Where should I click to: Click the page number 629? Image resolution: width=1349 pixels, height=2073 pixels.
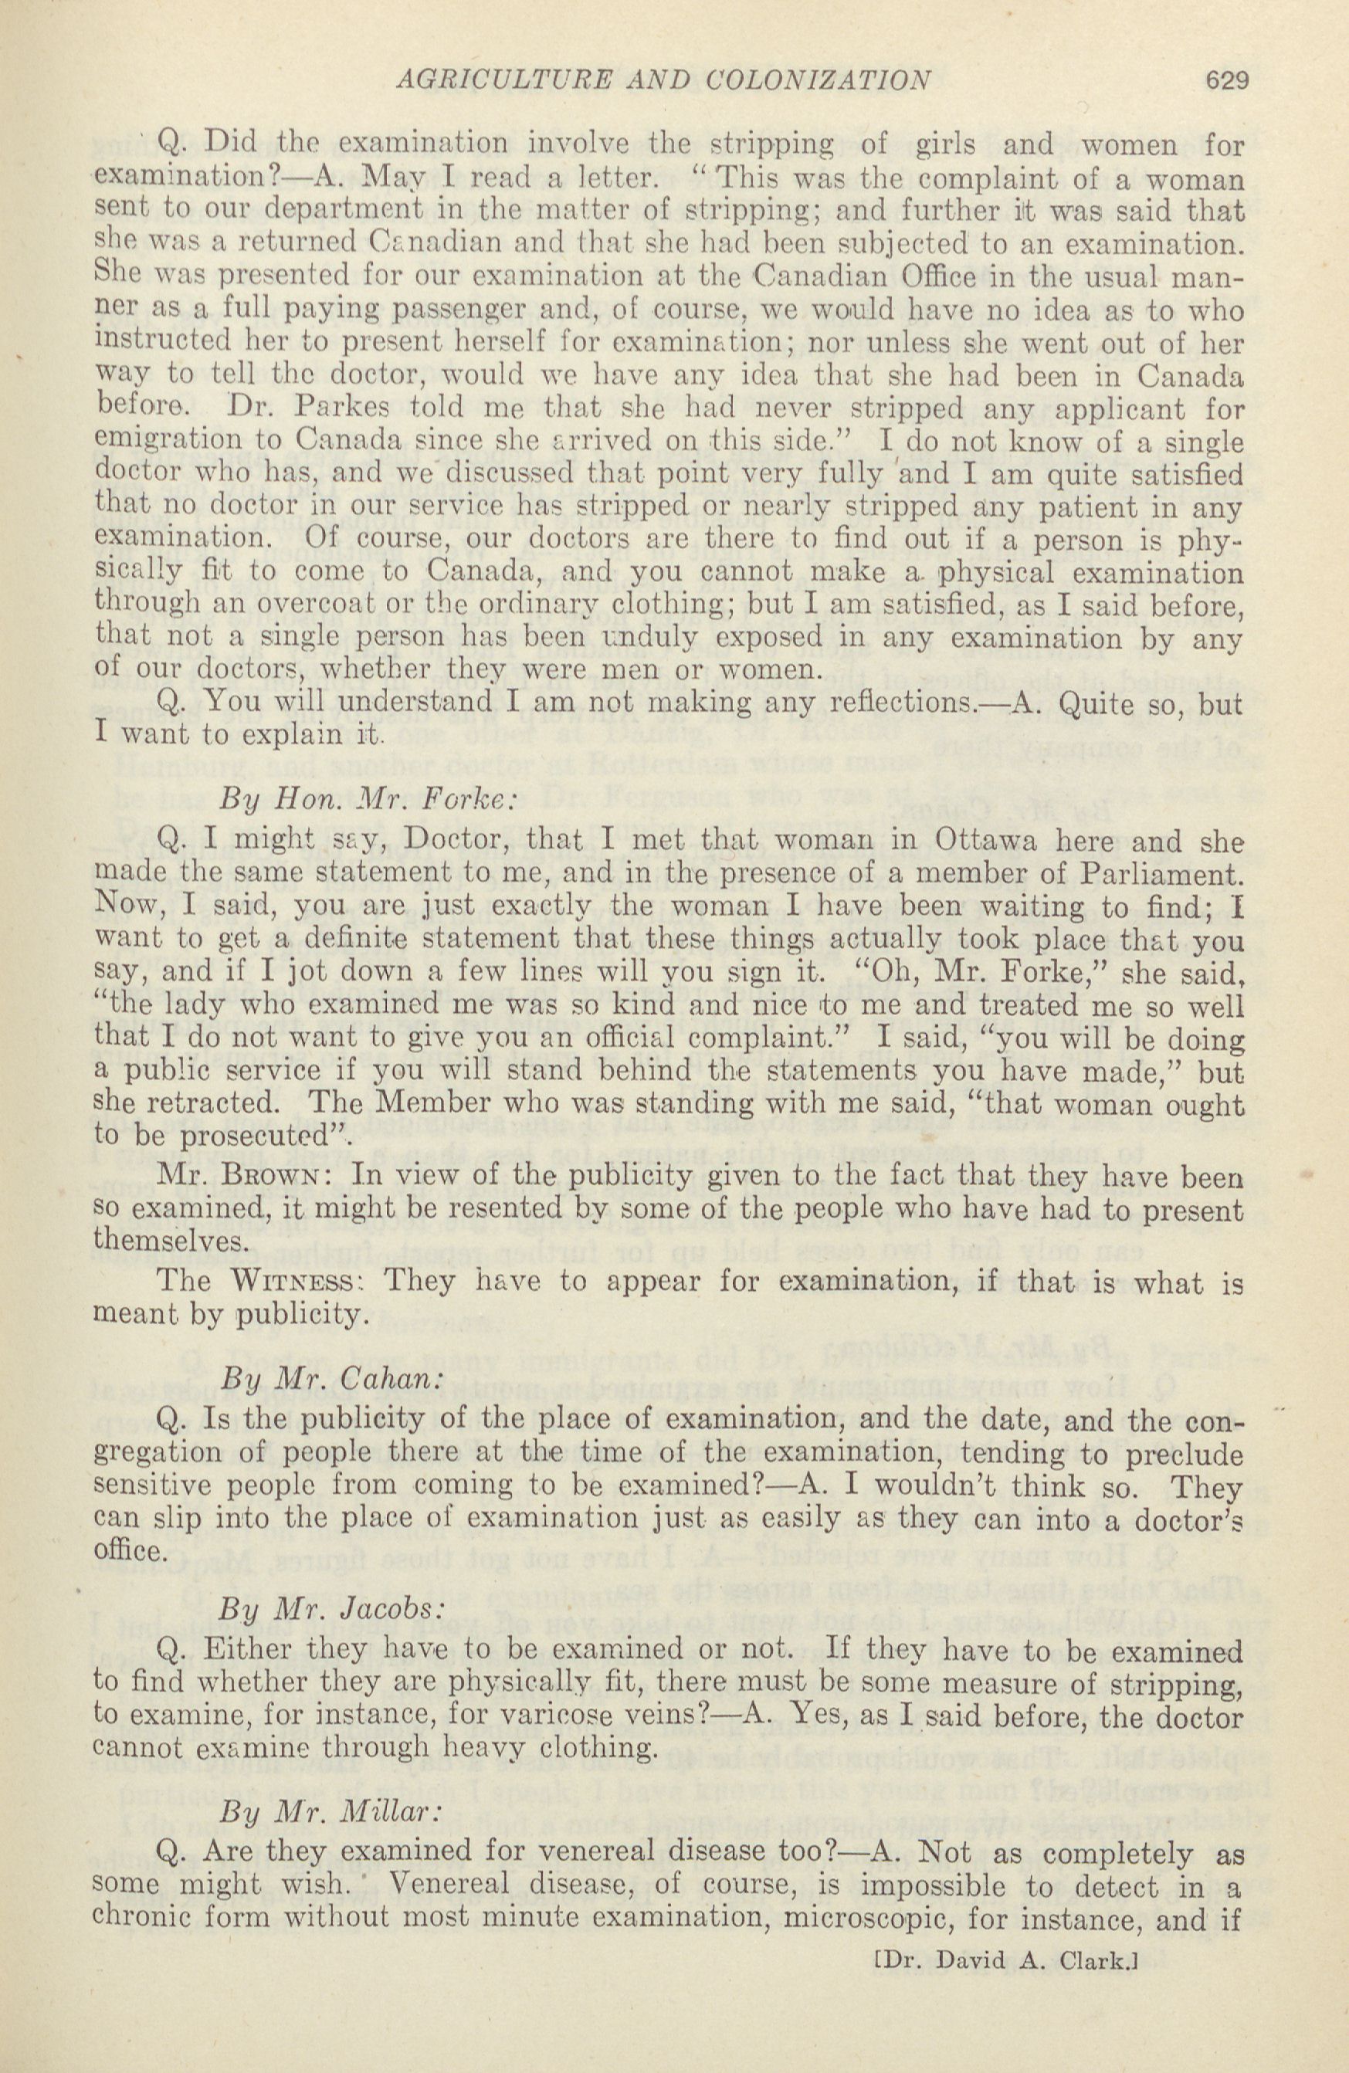(x=1227, y=80)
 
